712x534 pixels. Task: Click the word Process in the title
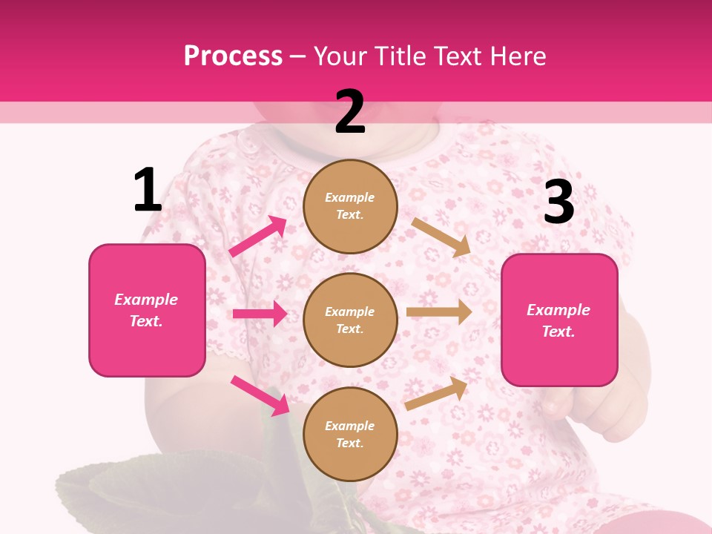233,56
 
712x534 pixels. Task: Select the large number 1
148,191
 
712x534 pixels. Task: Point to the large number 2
350,112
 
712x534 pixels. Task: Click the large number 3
558,202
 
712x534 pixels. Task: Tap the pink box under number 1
147,310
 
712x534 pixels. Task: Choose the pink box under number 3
559,320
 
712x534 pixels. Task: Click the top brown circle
350,206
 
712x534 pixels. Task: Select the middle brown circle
350,320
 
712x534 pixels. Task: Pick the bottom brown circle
350,434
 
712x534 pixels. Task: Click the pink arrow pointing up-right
258,236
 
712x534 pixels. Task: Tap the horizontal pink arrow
260,314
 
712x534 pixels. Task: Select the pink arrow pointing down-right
260,395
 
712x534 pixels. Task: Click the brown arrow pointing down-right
441,237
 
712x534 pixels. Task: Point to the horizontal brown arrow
439,312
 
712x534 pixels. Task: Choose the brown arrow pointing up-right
436,393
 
